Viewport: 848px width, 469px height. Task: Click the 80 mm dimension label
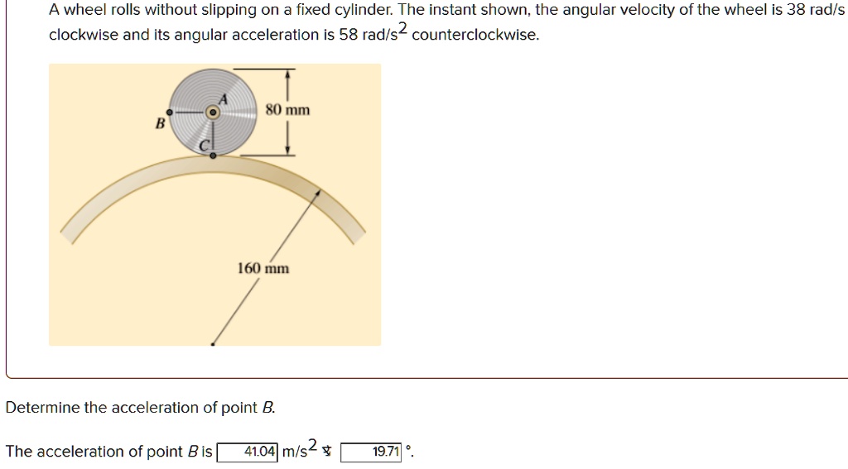point(288,110)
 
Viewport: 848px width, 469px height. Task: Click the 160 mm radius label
point(263,268)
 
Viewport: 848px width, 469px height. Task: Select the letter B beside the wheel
point(161,123)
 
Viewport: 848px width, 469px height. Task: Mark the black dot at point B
point(170,112)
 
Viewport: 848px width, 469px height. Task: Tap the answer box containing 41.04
point(248,452)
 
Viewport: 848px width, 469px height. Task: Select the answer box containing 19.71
point(372,452)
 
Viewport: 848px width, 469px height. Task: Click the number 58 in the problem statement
point(348,35)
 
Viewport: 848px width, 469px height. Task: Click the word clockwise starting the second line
point(83,35)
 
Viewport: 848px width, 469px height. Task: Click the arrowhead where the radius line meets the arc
point(320,191)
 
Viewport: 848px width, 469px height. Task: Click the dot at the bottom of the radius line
point(214,342)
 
